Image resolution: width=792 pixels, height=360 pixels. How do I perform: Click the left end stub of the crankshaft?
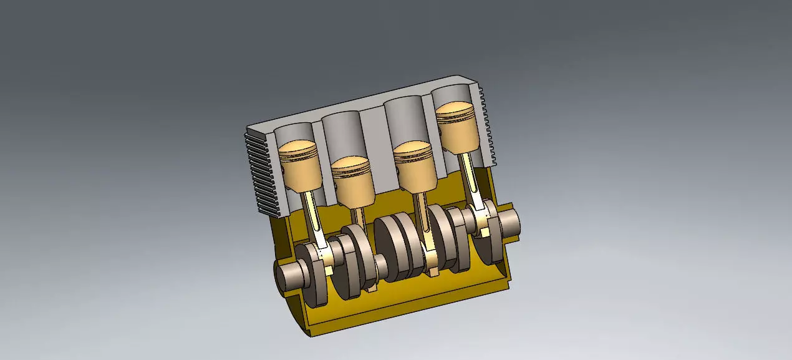point(288,273)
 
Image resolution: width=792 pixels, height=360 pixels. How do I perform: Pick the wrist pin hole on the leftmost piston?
point(284,168)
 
